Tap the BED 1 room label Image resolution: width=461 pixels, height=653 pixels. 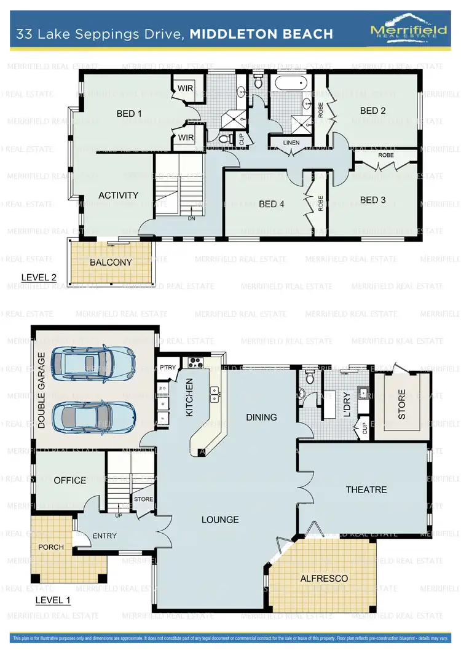129,114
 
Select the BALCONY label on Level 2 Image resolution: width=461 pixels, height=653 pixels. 111,262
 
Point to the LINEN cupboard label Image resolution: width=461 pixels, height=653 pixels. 291,143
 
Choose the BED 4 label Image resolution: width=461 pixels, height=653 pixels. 271,204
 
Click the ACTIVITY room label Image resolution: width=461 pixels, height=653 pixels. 119,195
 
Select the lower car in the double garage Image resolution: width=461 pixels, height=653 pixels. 93,416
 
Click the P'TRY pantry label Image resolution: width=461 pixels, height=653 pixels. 168,368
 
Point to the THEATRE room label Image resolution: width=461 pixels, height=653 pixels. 366,489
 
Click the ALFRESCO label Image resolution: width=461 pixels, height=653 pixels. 324,579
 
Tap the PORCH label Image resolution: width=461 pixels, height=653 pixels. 50,547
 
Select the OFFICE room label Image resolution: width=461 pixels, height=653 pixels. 69,480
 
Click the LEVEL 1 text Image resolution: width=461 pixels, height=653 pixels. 53,600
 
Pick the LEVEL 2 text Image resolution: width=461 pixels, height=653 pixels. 39,277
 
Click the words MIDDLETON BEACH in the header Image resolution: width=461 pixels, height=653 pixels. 261,33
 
